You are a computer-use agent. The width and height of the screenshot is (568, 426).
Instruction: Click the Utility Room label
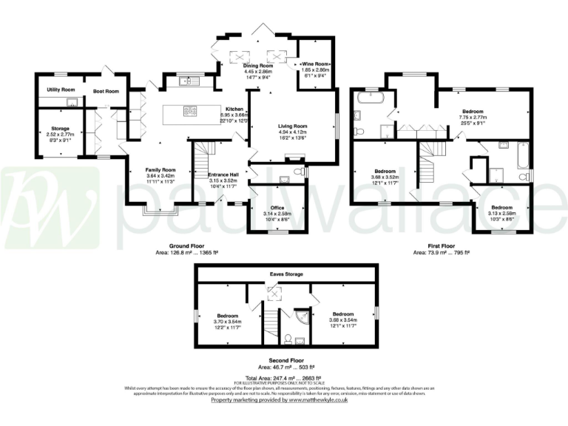(62, 89)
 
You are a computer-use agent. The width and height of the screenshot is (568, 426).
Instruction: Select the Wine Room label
(315, 64)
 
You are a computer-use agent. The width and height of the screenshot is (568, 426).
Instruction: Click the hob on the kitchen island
(190, 112)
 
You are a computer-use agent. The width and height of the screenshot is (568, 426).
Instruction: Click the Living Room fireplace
(294, 158)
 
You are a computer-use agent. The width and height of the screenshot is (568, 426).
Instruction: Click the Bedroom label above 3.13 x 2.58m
(502, 207)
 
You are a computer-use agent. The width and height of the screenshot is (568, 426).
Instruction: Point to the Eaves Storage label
(285, 274)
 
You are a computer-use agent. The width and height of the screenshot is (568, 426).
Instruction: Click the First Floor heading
(440, 246)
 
